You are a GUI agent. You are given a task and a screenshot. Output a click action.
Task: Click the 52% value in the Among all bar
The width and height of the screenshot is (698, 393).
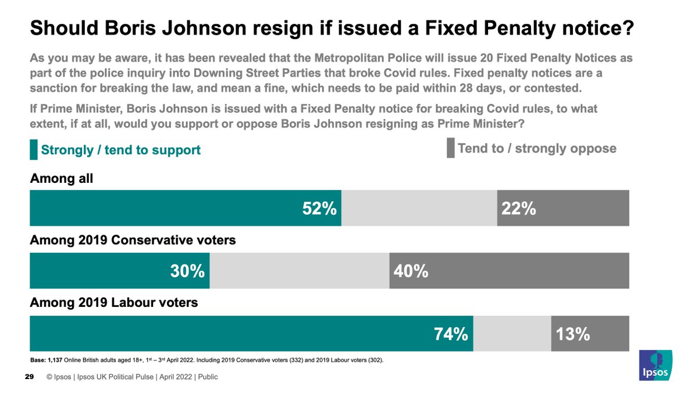click(x=319, y=208)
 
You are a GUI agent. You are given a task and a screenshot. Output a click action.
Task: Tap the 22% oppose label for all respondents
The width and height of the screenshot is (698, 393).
click(x=519, y=208)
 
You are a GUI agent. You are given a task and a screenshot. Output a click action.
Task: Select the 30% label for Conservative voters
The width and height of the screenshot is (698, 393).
click(x=187, y=271)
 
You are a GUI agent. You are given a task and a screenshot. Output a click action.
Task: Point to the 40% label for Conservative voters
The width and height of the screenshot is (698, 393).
click(x=411, y=271)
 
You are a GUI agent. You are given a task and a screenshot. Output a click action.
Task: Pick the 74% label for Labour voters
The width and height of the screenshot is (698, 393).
click(x=451, y=334)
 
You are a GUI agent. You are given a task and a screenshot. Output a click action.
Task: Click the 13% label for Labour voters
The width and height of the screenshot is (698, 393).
click(x=574, y=334)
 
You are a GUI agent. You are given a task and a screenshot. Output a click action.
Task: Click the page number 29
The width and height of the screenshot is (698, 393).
click(x=29, y=377)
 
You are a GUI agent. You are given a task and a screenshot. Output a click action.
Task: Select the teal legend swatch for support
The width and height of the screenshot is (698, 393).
click(x=34, y=150)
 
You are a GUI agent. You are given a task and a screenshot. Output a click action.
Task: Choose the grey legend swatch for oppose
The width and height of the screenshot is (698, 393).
click(x=450, y=148)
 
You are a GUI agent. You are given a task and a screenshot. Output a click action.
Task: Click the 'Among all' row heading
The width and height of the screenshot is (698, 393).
click(x=62, y=179)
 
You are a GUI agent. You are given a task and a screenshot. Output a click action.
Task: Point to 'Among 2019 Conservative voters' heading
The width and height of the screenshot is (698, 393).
click(x=133, y=240)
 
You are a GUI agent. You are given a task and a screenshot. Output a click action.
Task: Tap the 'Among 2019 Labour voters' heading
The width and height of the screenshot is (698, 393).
click(x=114, y=303)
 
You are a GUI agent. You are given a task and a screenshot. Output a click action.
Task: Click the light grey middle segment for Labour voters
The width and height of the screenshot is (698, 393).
click(x=512, y=334)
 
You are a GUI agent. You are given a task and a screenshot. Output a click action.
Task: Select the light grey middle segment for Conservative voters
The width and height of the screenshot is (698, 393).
click(x=299, y=271)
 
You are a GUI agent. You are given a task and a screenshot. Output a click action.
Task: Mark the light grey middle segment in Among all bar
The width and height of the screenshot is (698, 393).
click(x=419, y=208)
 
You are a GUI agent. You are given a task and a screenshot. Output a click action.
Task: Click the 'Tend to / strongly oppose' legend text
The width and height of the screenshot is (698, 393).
click(x=536, y=148)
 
